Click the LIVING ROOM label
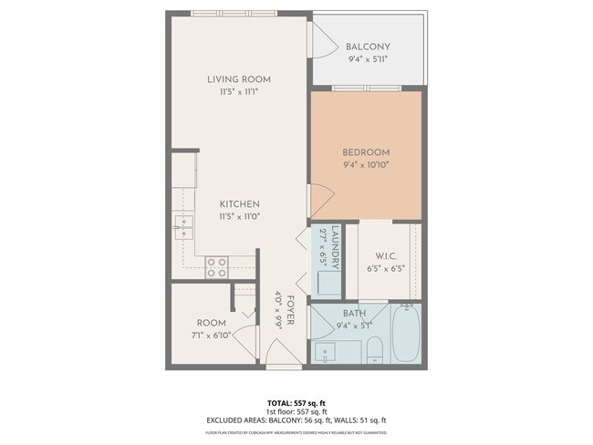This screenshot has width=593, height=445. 239,79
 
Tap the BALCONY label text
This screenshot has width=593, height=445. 368,47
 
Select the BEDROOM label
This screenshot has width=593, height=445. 366,151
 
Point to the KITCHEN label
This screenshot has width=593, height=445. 239,203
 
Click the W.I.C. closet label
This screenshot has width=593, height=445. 383,255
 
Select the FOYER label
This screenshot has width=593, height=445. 290,310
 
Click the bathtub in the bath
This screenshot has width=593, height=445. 406,335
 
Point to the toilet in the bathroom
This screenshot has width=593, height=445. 375,348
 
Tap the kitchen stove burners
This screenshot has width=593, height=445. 216,266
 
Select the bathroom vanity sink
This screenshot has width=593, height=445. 324,351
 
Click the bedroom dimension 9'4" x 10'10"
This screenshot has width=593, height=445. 366,164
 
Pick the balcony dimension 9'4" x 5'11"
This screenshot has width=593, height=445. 368,59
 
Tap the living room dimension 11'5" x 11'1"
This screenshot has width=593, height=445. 239,92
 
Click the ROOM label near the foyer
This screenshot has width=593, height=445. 212,323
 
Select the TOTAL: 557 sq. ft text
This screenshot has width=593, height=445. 296,402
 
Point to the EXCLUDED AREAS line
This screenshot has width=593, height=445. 296,419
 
